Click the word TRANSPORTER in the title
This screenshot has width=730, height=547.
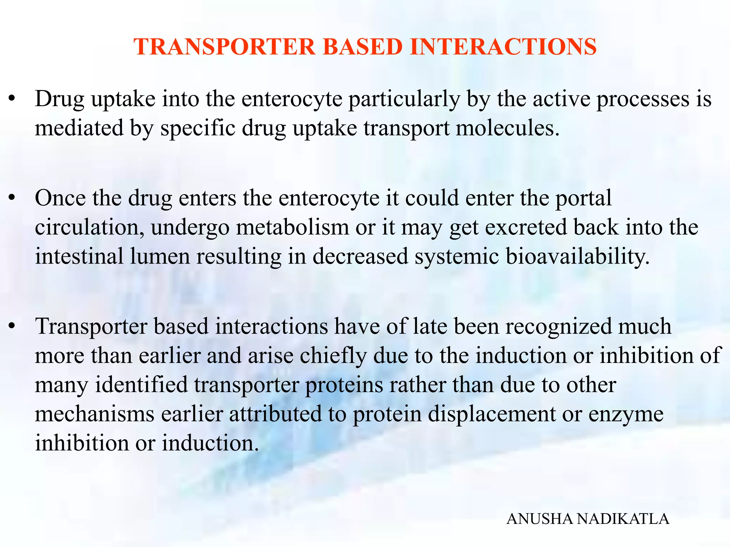[225, 47]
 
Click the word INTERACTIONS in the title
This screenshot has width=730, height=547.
[503, 47]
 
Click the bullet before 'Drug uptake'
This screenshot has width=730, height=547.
[12, 99]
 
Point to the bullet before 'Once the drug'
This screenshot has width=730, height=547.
[12, 198]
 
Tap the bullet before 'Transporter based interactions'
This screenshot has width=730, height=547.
[12, 326]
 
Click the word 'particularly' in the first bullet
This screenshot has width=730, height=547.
[404, 100]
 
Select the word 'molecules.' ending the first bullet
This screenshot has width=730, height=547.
[508, 128]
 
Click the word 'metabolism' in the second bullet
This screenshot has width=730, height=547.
[292, 228]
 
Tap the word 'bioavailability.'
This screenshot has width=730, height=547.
[578, 256]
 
